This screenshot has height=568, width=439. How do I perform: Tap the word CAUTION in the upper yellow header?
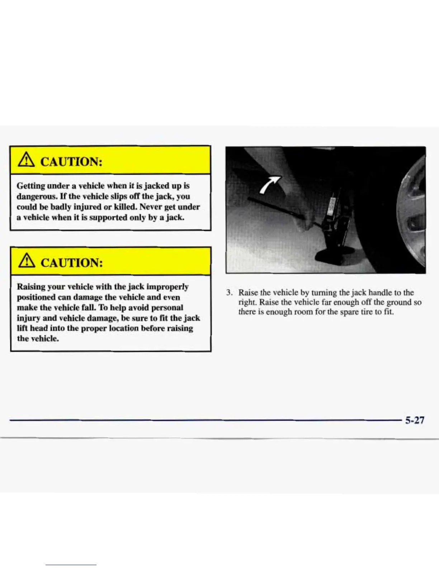tap(71, 161)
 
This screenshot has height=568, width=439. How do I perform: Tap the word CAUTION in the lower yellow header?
tap(71, 262)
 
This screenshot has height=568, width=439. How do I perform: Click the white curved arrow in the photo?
tap(269, 184)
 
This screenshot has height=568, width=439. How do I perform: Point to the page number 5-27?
tap(415, 420)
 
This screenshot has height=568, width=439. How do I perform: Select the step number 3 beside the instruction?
tap(228, 293)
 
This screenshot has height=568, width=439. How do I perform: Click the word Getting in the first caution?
tap(31, 186)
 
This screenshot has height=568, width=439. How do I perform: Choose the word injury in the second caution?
tap(28, 318)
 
